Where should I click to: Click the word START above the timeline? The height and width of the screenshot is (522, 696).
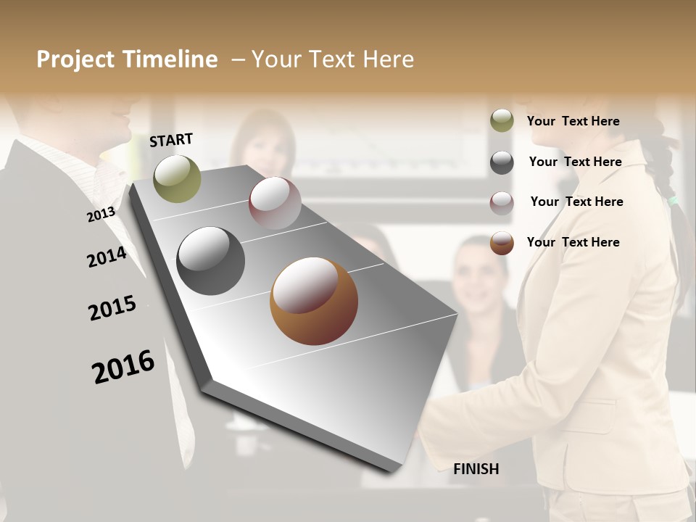click(171, 140)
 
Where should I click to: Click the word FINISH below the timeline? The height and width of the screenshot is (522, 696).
click(476, 469)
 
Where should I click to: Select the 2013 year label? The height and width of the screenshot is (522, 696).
click(101, 215)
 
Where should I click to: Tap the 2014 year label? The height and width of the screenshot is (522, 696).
click(107, 257)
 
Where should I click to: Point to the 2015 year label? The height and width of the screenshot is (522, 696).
click(112, 308)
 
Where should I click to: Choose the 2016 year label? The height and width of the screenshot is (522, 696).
click(123, 366)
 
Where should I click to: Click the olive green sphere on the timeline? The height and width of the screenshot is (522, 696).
click(177, 178)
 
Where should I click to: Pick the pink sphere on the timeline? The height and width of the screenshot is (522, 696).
click(275, 203)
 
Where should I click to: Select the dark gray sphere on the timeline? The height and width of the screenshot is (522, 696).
click(211, 261)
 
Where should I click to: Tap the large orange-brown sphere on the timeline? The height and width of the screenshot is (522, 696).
click(314, 301)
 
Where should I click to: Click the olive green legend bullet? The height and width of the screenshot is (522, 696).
click(502, 121)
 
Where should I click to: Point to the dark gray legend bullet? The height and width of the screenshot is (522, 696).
click(502, 162)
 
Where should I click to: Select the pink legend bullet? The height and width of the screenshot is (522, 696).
click(502, 203)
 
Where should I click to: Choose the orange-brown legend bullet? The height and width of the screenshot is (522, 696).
click(502, 243)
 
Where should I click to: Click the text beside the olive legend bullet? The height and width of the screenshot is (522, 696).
click(573, 121)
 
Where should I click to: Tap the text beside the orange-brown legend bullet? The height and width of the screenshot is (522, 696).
click(573, 242)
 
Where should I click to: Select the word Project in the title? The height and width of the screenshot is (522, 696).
click(75, 59)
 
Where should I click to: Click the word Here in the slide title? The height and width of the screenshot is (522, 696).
click(388, 59)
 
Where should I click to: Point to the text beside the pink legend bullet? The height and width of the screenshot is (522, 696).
click(576, 202)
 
